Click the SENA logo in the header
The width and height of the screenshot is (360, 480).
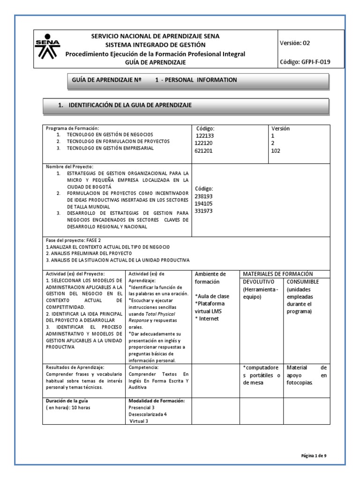tap(47, 49)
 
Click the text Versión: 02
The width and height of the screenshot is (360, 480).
tap(295, 43)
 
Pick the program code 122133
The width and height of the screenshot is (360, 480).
tap(204, 136)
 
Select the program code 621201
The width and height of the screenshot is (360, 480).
tap(204, 151)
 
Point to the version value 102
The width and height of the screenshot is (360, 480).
tap(276, 151)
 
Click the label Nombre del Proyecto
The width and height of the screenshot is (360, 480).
tap(69, 167)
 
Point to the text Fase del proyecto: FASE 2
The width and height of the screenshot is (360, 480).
tap(74, 240)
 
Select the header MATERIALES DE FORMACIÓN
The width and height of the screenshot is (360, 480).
tap(277, 274)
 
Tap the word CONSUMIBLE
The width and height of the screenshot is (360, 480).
tap(303, 282)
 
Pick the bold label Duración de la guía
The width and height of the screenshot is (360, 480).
tap(67, 401)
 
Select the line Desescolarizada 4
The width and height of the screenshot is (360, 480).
tap(148, 414)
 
